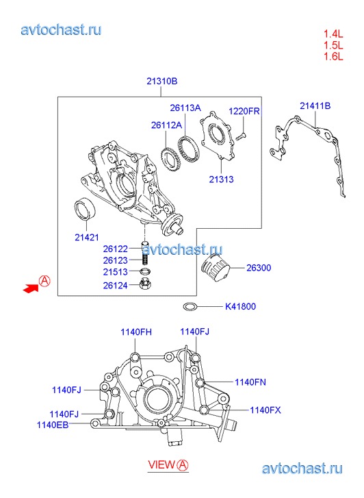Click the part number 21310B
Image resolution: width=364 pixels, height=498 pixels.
(x=162, y=82)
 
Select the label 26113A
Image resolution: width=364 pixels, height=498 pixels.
(x=185, y=108)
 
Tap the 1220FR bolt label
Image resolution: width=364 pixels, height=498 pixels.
(x=244, y=111)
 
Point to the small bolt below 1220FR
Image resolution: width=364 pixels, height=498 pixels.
(x=241, y=136)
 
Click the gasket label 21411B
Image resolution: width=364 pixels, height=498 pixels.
(x=315, y=105)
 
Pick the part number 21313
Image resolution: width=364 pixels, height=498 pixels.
(x=221, y=179)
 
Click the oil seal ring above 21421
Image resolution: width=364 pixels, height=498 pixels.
(x=86, y=208)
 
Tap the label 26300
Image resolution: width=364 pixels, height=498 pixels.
(x=259, y=268)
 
